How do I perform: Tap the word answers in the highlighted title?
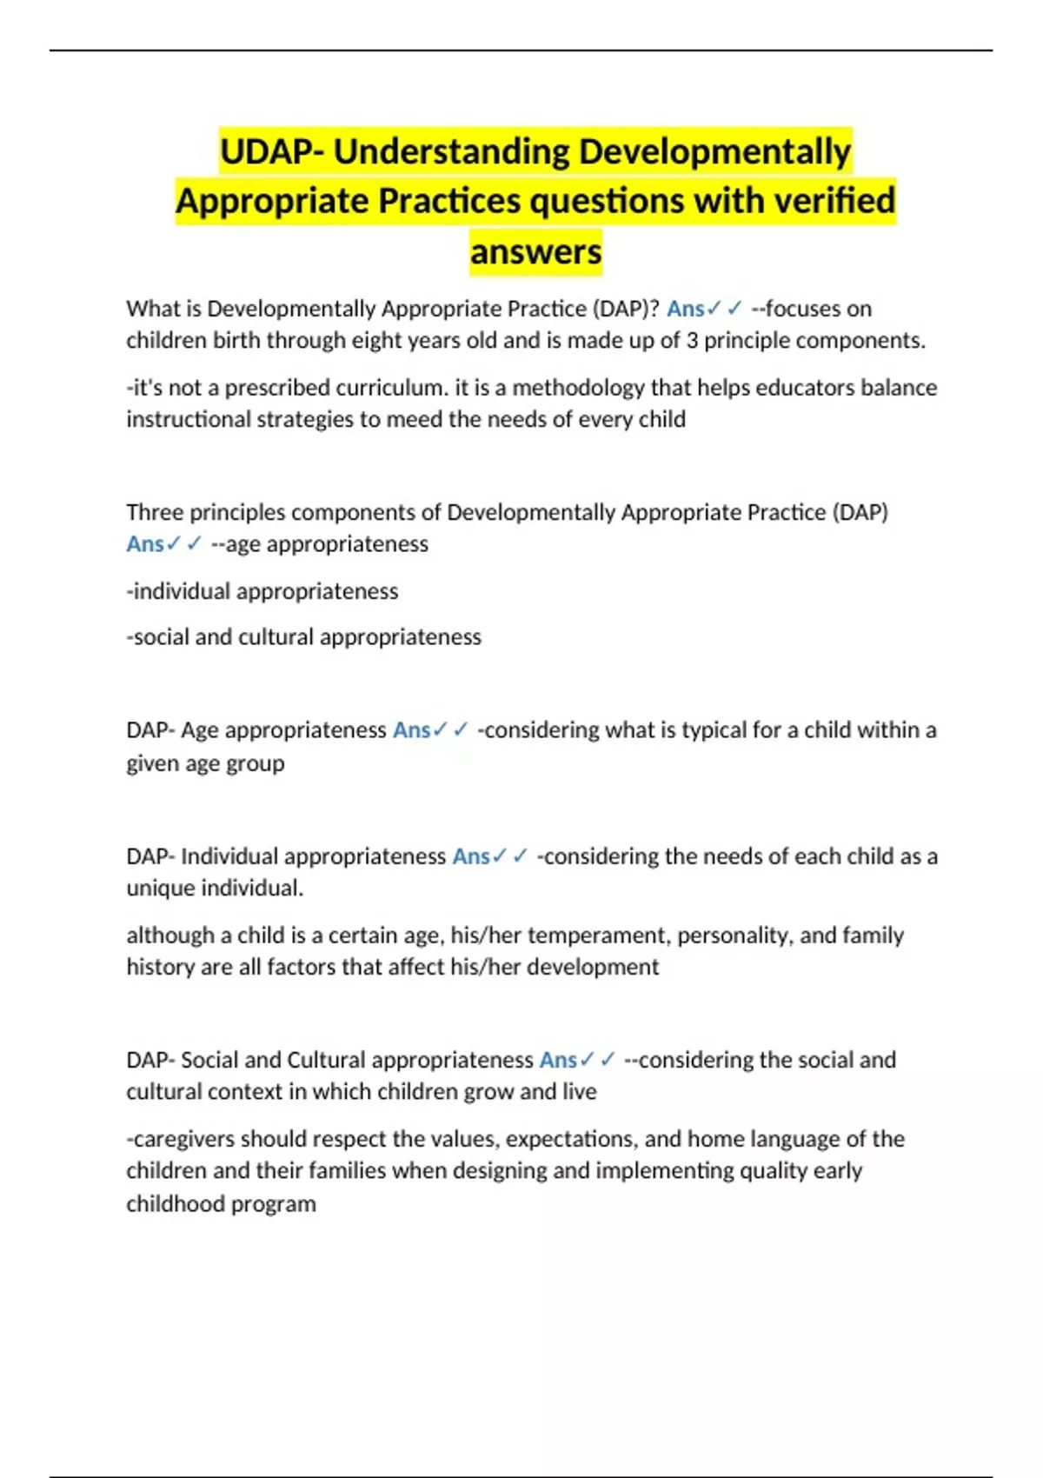tap(535, 252)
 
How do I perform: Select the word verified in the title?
tap(834, 202)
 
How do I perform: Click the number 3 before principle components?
tap(692, 340)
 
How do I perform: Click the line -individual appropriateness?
tap(262, 591)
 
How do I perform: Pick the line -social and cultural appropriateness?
tap(303, 637)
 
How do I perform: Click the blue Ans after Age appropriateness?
tap(411, 730)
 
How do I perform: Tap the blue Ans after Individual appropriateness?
tap(471, 856)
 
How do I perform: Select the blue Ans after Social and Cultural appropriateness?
tap(558, 1060)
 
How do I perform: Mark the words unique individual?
tap(215, 889)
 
